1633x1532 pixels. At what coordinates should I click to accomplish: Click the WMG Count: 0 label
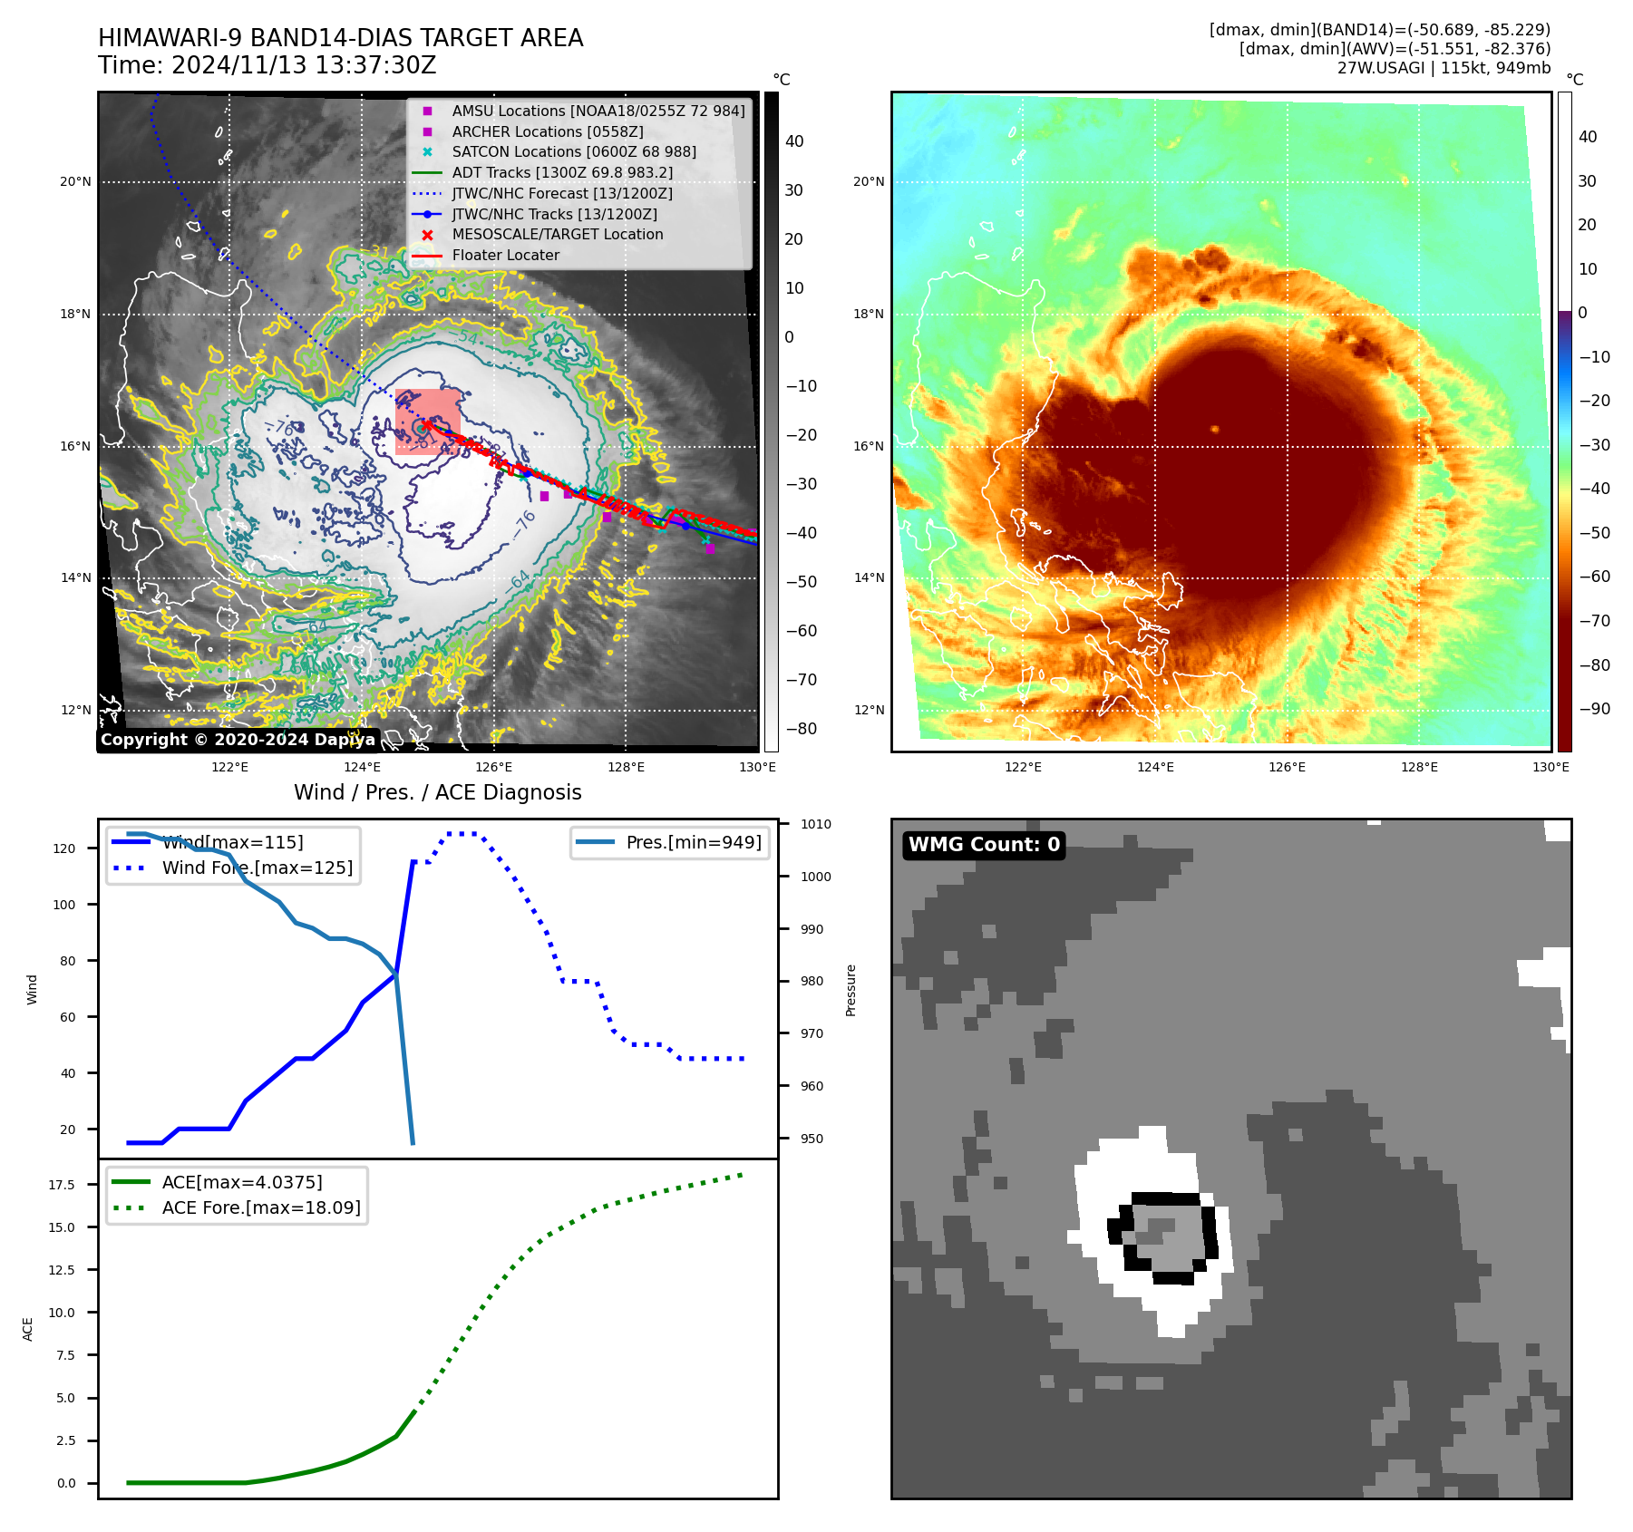pos(984,845)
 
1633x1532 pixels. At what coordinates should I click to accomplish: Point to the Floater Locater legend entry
pos(505,256)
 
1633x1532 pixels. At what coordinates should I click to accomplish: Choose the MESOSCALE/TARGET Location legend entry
pos(557,235)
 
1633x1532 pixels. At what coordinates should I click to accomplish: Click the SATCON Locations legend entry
pos(573,152)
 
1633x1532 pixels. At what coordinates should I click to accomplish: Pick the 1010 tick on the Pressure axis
pos(816,824)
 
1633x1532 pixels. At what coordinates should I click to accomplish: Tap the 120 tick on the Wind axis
pos(64,848)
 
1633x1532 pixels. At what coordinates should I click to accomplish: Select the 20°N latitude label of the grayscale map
pos(75,181)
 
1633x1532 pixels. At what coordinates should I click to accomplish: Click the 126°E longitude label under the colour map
pos(1288,767)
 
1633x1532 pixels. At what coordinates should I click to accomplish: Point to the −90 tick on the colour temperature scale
pos(1594,709)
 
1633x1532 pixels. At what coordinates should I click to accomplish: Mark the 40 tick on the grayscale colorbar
pos(794,141)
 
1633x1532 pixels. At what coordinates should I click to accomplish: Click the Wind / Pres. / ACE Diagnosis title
pos(438,792)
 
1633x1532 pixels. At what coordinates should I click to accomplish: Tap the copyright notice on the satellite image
pos(238,740)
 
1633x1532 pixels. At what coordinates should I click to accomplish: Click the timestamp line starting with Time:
pos(267,66)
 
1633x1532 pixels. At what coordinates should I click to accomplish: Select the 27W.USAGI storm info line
pos(1443,68)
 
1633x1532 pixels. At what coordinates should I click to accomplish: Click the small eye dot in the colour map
pos(1215,429)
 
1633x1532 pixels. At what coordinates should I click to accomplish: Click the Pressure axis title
pos(851,990)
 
